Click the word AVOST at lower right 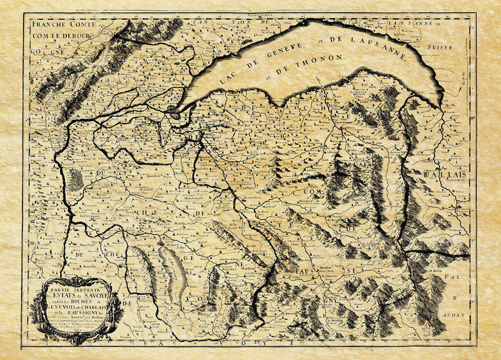coord(453,315)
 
